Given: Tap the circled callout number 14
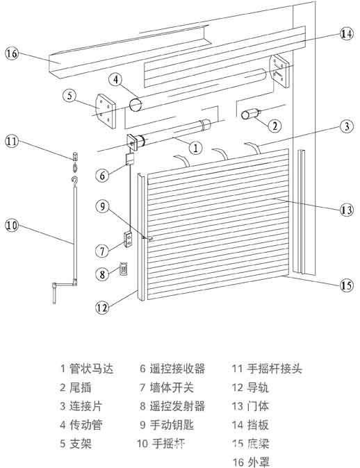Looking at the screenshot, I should (346, 33).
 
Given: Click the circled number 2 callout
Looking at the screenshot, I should (276, 126).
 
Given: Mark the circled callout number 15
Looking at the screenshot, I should (345, 284).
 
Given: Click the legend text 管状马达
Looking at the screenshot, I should (89, 369).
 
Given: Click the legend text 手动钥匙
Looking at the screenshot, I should (170, 424).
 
